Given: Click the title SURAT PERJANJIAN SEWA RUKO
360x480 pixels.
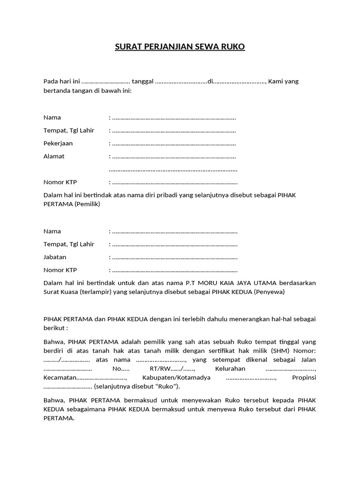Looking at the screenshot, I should pos(180,47).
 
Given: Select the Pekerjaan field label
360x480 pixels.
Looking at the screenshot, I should pos(58,143).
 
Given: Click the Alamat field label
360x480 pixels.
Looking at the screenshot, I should pos(54,156).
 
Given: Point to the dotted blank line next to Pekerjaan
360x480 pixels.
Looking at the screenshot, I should pos(174,143).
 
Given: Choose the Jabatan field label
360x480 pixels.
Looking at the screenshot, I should pos(55,257).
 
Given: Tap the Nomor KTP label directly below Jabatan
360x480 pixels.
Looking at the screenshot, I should pos(60,270).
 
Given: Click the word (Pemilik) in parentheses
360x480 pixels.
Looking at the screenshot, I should pos(87,204).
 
